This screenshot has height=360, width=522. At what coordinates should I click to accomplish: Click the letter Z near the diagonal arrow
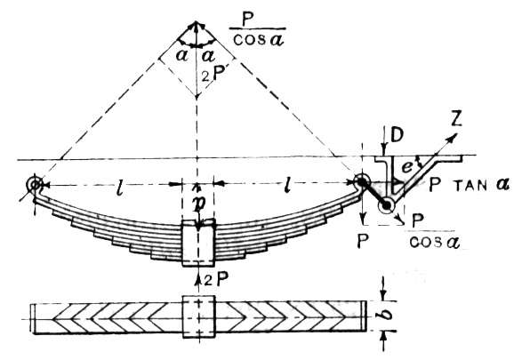click(456, 119)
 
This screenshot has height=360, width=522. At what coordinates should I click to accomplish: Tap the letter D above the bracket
click(398, 134)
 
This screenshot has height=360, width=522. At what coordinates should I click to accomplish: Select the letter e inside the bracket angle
click(406, 167)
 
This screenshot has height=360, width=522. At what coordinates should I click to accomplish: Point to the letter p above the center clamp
click(198, 204)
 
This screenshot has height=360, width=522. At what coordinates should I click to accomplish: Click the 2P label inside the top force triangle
click(213, 76)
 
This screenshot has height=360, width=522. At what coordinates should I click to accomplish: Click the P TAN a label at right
click(469, 184)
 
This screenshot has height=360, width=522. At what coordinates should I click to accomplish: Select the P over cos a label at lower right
click(434, 231)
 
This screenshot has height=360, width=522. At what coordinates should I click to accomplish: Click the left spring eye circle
click(35, 184)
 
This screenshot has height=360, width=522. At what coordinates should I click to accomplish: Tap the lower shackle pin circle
click(386, 206)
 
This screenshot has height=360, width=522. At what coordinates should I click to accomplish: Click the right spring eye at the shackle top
click(360, 181)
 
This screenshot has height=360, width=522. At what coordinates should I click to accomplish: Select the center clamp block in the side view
click(198, 243)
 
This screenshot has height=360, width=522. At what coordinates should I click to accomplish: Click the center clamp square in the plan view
click(199, 316)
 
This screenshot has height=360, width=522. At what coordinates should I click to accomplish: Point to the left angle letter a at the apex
click(181, 55)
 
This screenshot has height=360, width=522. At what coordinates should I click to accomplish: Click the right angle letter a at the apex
click(209, 55)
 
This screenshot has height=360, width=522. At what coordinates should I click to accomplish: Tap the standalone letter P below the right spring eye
click(363, 241)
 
